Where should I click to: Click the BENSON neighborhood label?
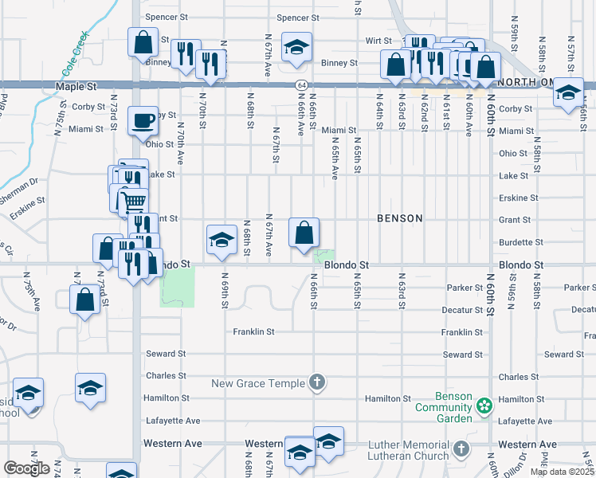tap(399, 217)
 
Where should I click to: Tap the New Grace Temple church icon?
tap(317, 383)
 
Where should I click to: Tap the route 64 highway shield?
tap(299, 84)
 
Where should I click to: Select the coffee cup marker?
tap(142, 122)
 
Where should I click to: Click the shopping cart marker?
tap(133, 202)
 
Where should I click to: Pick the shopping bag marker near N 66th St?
tap(304, 233)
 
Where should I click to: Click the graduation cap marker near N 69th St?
tap(222, 239)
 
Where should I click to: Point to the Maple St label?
tap(76, 85)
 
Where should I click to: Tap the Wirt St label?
tap(378, 40)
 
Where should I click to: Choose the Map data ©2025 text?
tap(562, 472)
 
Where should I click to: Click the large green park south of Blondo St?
tap(178, 287)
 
